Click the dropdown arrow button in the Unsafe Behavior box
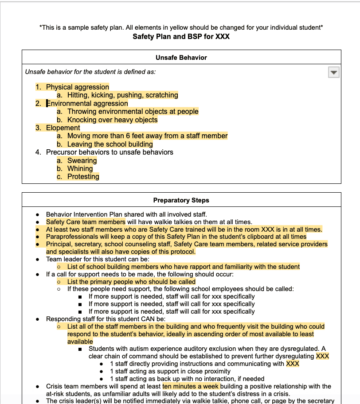pyautogui.click(x=333, y=72)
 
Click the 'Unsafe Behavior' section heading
pyautogui.click(x=181, y=58)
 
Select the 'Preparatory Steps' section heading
pyautogui.click(x=181, y=200)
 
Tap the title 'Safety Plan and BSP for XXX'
pyautogui.click(x=181, y=36)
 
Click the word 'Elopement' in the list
pyautogui.click(x=63, y=128)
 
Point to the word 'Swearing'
pyautogui.click(x=82, y=160)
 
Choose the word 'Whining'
pyautogui.click(x=80, y=168)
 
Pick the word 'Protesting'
pyautogui.click(x=83, y=176)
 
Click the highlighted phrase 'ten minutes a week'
pyautogui.click(x=191, y=386)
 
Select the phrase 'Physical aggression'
pyautogui.click(x=78, y=87)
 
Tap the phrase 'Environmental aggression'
pyautogui.click(x=87, y=104)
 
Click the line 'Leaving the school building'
pyautogui.click(x=110, y=144)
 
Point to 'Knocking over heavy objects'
pyautogui.click(x=112, y=120)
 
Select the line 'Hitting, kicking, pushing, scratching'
pyautogui.click(x=122, y=95)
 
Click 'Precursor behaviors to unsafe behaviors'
pyautogui.click(x=110, y=152)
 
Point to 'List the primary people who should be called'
pyautogui.click(x=131, y=282)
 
